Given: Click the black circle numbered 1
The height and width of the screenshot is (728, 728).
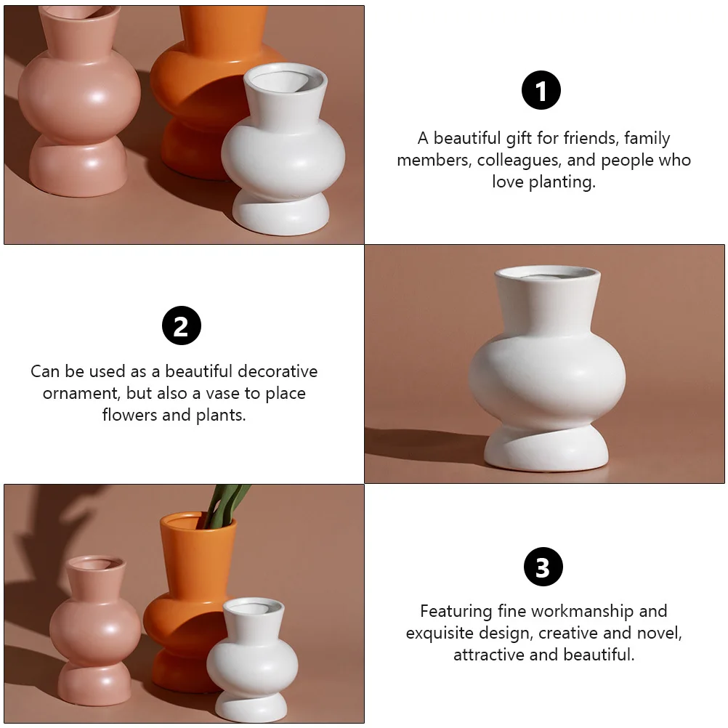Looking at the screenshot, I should tap(541, 91).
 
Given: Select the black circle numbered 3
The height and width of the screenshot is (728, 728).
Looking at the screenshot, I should tap(543, 567).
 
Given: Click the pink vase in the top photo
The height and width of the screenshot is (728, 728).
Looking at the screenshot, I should tap(78, 102).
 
